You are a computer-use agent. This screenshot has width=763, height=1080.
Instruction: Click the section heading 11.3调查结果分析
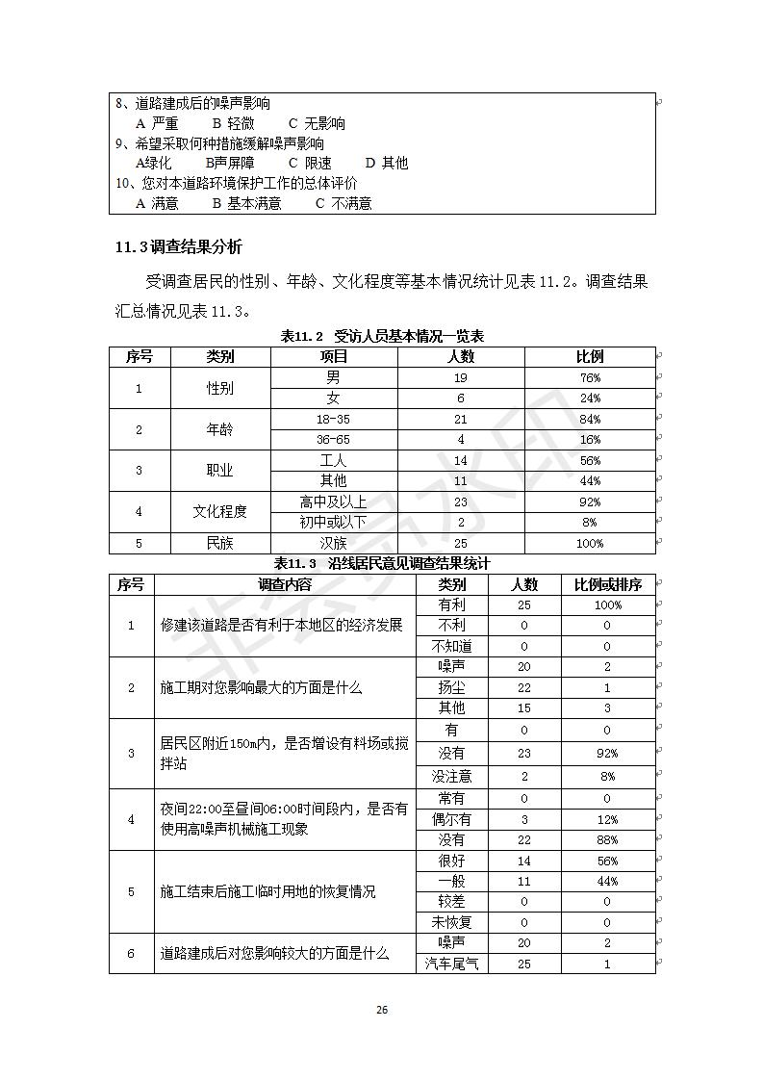[179, 247]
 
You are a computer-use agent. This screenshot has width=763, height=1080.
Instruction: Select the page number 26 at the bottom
[382, 1010]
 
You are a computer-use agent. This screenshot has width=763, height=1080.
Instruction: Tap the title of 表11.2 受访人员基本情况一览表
[382, 336]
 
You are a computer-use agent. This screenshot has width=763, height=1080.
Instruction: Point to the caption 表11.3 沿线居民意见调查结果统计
[382, 563]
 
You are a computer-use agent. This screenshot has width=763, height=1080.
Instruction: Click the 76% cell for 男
[590, 377]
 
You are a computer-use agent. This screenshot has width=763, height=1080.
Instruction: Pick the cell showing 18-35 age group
[334, 419]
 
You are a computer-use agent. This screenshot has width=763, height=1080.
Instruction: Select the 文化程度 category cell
[220, 512]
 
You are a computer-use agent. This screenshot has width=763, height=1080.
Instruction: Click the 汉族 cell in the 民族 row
[334, 543]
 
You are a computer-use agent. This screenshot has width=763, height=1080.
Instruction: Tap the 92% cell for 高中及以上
[590, 501]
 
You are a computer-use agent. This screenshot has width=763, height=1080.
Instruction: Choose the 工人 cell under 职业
[334, 460]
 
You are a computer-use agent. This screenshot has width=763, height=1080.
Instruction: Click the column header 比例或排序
[607, 584]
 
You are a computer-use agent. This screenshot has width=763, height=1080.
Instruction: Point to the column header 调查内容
[285, 584]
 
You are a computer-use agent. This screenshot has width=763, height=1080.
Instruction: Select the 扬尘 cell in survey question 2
[451, 687]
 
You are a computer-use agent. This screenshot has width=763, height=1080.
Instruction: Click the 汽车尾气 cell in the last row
[451, 963]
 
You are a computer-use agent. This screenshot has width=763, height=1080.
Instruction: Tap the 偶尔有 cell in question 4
[451, 819]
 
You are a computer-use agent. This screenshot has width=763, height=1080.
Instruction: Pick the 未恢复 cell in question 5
[451, 922]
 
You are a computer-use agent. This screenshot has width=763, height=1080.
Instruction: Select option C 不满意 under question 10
[343, 203]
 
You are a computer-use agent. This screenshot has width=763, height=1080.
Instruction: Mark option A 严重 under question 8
[158, 123]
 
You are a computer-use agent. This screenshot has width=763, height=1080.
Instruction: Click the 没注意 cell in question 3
[451, 776]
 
